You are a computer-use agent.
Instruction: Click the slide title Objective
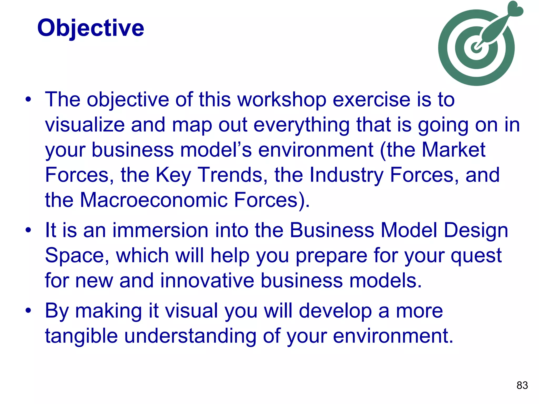(91, 28)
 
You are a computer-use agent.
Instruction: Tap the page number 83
(522, 385)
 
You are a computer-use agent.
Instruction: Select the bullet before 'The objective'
(28, 100)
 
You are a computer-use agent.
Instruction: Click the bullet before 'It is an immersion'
(28, 230)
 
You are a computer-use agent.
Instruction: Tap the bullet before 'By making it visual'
(28, 311)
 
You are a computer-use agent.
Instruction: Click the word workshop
(282, 100)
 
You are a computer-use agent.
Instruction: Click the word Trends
(230, 175)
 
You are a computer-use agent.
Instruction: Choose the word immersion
(160, 230)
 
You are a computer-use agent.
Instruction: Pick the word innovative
(207, 281)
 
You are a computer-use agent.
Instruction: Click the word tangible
(81, 336)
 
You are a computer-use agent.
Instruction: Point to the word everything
(301, 125)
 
